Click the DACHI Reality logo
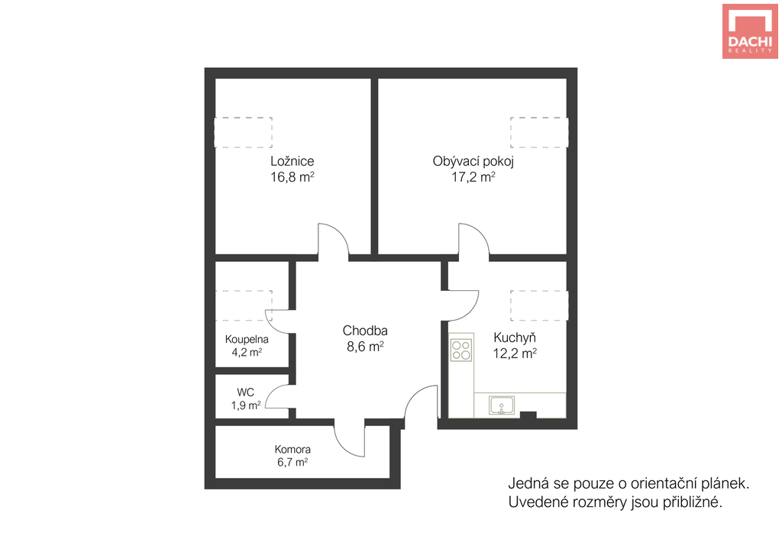(x=750, y=31)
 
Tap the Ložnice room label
(x=292, y=161)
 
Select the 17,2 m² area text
(x=473, y=177)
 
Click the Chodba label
(x=365, y=330)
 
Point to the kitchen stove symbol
(x=461, y=350)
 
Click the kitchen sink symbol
(x=502, y=405)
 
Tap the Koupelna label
(x=247, y=339)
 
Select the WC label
(x=245, y=392)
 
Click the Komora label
(x=292, y=449)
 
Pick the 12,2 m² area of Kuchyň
(x=515, y=353)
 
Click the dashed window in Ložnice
(x=244, y=133)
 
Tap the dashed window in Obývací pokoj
(x=539, y=133)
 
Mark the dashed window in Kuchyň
(x=539, y=305)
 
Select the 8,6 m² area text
(x=365, y=347)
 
